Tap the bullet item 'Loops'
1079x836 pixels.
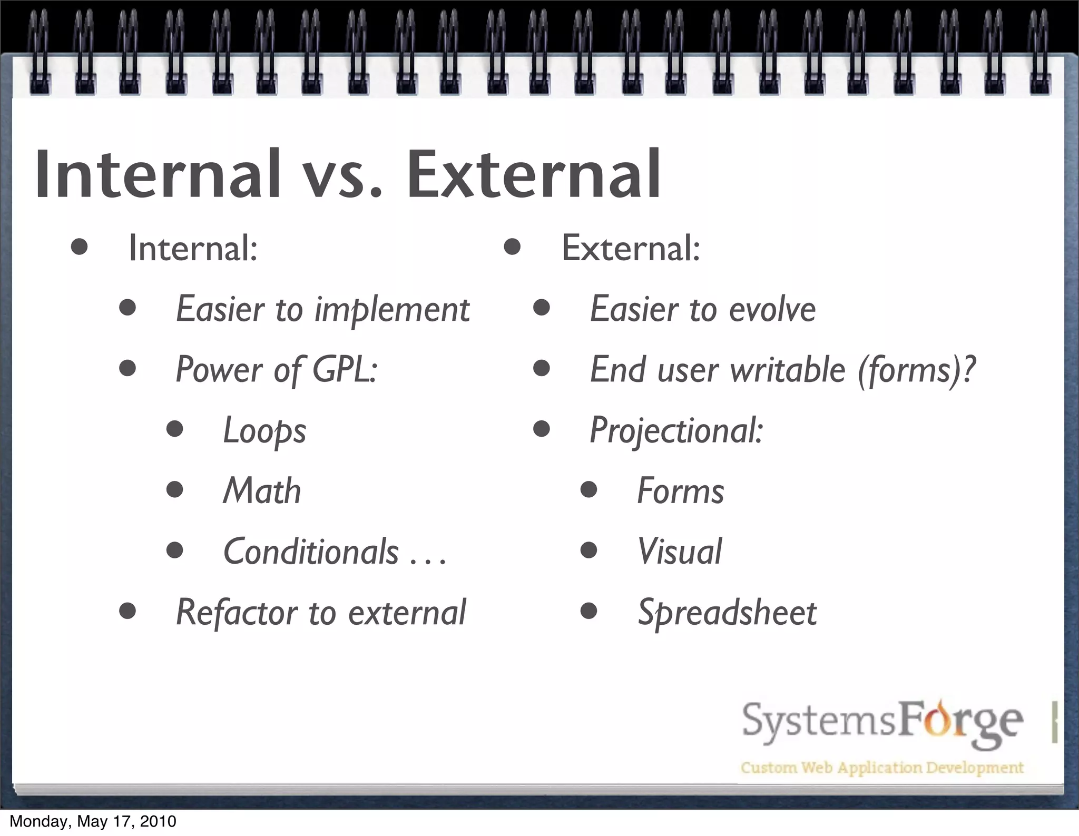pos(264,431)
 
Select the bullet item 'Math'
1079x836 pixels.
pos(262,491)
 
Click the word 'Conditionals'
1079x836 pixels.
pos(311,552)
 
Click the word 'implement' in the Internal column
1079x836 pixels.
pos(392,309)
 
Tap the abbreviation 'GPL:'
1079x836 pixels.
pos(345,369)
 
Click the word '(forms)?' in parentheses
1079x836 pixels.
pos(917,370)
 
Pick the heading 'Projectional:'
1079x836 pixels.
pos(676,431)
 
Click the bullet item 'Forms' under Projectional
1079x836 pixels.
pos(681,491)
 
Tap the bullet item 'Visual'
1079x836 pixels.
pos(680,552)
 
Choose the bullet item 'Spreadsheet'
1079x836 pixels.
pos(727,613)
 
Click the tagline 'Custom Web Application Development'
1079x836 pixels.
pos(882,767)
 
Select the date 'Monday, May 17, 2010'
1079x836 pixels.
pos(93,821)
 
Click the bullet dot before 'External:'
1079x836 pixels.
pos(512,247)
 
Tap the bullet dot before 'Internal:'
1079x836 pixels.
pos(79,247)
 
